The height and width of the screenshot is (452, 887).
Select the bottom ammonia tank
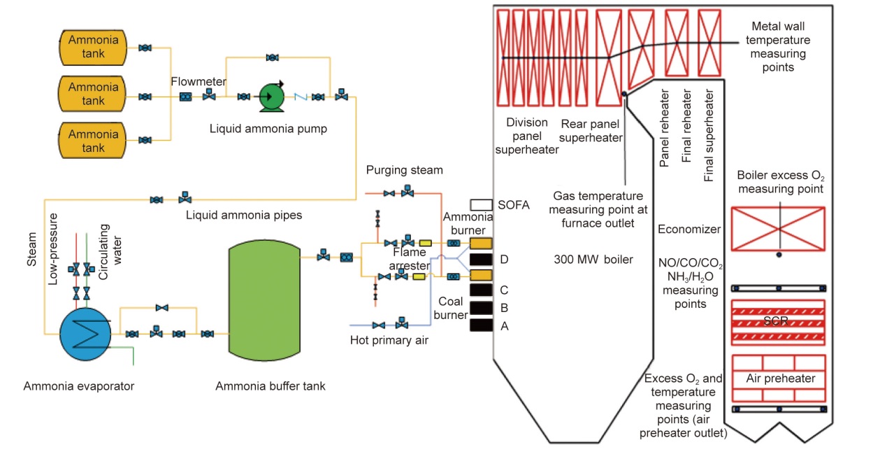[x=93, y=139]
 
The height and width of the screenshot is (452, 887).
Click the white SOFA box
[x=482, y=204]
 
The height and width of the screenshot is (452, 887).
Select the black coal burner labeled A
[x=482, y=325]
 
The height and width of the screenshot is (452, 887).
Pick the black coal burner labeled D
[x=482, y=259]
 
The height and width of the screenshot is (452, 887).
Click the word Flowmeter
[x=199, y=82]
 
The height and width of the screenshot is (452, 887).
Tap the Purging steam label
[x=404, y=171]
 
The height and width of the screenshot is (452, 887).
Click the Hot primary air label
[x=388, y=341]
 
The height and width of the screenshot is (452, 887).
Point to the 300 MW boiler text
[x=593, y=260]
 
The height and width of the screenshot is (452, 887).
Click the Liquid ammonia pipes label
[x=244, y=216]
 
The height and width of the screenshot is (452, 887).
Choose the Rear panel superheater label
[x=591, y=130]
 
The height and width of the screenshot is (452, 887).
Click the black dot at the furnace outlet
[x=623, y=94]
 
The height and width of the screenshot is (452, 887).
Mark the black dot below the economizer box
[x=779, y=255]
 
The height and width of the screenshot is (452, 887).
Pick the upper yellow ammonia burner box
[x=482, y=243]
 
